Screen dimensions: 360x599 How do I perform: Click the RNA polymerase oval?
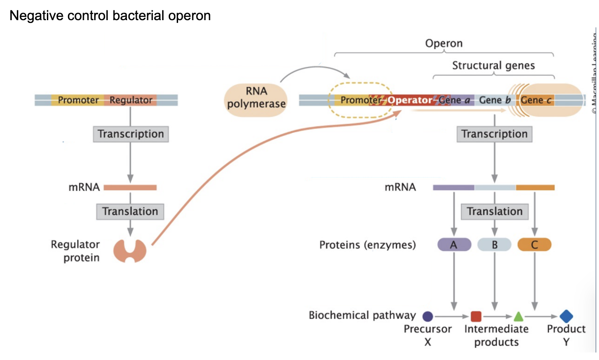tap(256, 97)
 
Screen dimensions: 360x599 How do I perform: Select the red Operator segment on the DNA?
tap(410, 100)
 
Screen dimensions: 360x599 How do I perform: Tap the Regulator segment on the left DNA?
tap(131, 100)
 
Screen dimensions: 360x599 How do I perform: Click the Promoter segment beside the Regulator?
tap(78, 100)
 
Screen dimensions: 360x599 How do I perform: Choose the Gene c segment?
tap(536, 100)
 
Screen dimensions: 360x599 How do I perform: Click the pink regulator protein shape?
tap(130, 250)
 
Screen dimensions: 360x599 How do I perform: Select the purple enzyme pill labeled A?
tap(454, 245)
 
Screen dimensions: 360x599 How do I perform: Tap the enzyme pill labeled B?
tap(494, 245)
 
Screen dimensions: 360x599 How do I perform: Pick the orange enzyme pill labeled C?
tap(534, 245)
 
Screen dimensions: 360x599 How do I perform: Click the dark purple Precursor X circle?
tap(427, 316)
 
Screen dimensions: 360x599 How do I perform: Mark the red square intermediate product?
tap(476, 316)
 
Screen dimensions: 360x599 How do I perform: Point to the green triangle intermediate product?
tap(518, 316)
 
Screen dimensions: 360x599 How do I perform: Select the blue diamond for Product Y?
tap(566, 316)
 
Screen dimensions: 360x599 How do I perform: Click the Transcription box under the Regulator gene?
tap(131, 134)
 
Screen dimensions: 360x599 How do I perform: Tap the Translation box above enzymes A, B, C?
tap(494, 211)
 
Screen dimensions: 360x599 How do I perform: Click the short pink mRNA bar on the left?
tap(130, 187)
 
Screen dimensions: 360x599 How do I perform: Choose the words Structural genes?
tap(493, 66)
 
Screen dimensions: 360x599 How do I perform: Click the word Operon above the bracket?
tap(443, 44)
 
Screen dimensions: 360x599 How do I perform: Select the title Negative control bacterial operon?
tap(110, 16)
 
